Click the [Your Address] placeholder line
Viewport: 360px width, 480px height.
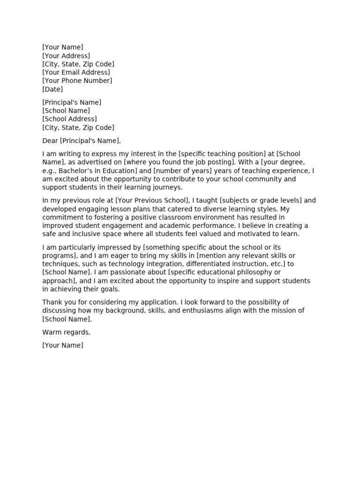pyautogui.click(x=66, y=56)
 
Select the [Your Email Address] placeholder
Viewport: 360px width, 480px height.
pyautogui.click(x=76, y=72)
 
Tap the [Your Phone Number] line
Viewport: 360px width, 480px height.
pyautogui.click(x=77, y=81)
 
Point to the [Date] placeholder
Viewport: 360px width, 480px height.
pyautogui.click(x=52, y=89)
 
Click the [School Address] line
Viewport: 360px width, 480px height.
pyautogui.click(x=69, y=119)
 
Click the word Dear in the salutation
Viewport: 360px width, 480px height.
pyautogui.click(x=50, y=141)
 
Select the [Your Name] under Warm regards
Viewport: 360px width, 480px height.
pyautogui.click(x=63, y=345)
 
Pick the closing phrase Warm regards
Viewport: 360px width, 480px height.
pyautogui.click(x=66, y=332)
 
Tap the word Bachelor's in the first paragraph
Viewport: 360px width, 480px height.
pyautogui.click(x=75, y=171)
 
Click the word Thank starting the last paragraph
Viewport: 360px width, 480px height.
pyautogui.click(x=52, y=302)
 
